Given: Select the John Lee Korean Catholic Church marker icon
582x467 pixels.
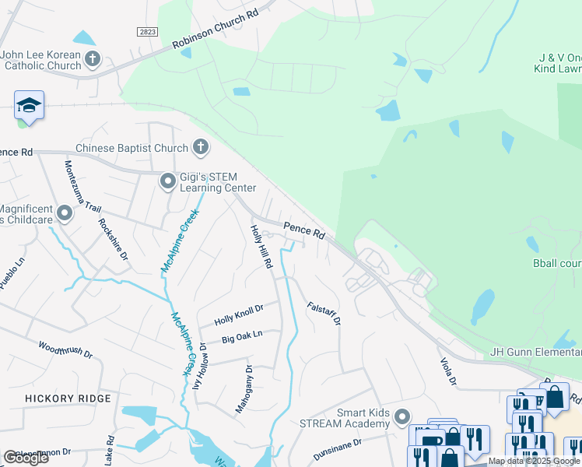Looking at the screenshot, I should click(93, 59).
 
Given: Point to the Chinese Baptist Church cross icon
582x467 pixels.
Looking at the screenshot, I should click(200, 147).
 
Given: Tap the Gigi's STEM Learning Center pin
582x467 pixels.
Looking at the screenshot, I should click(167, 181).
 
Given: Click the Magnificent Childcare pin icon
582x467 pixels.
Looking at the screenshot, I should click(64, 212).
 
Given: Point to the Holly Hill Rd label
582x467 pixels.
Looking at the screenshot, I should click(261, 247).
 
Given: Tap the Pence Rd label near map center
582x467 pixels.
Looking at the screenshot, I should click(303, 230).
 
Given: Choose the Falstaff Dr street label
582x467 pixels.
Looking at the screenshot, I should click(324, 313).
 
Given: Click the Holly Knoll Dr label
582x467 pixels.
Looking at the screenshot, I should click(239, 314).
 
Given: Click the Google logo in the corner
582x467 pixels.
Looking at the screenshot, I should click(26, 458).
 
